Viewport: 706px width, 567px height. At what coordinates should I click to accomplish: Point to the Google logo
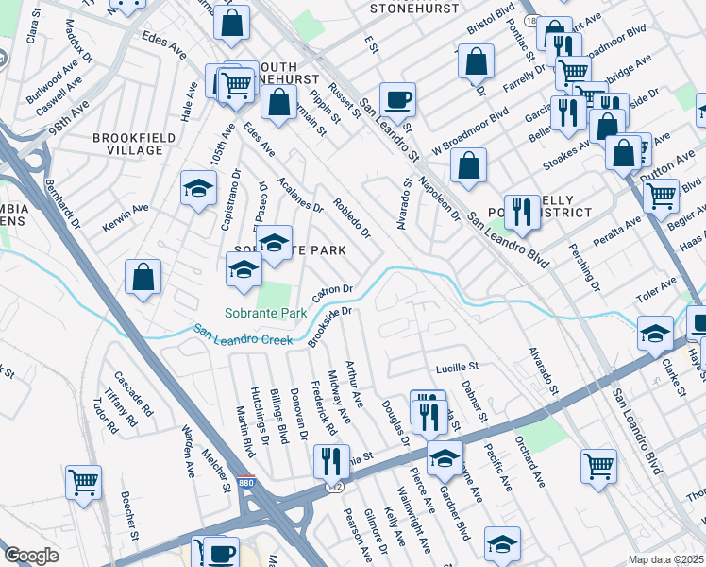tap(31, 556)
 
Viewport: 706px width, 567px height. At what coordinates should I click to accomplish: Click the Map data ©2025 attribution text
tap(666, 559)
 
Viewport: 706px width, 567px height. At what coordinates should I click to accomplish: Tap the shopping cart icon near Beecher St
tap(84, 482)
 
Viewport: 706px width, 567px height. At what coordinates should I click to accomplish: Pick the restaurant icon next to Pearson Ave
tap(331, 460)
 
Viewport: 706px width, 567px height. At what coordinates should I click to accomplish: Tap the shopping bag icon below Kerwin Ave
tap(143, 276)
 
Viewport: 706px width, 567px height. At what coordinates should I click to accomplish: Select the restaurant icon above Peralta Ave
tap(522, 210)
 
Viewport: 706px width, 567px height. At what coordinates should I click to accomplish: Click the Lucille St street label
tap(458, 366)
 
